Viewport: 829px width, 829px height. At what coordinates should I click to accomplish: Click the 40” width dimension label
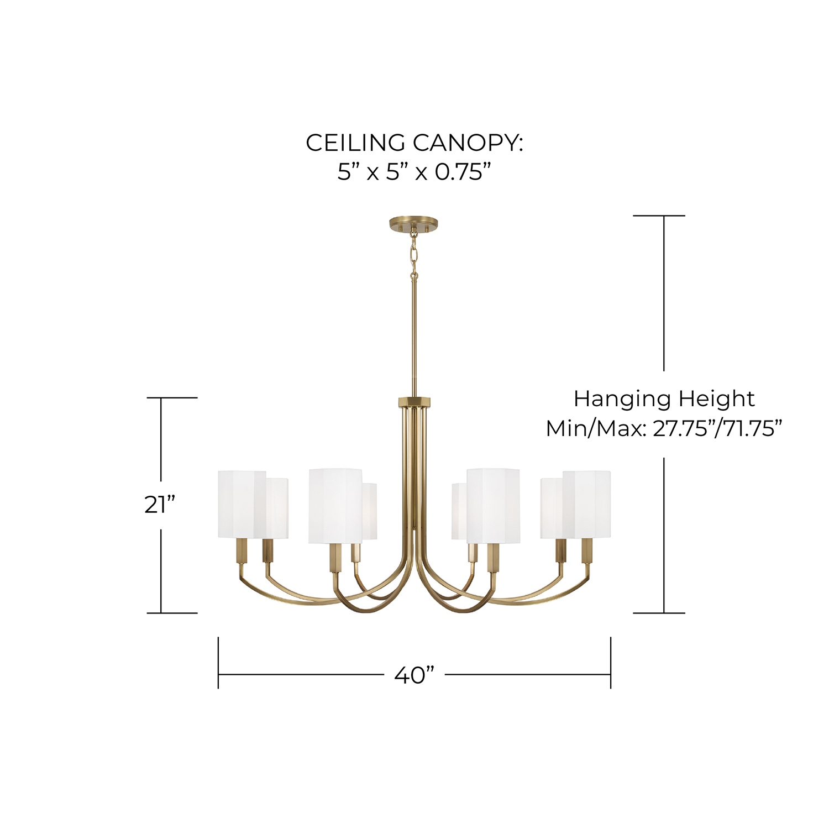414,675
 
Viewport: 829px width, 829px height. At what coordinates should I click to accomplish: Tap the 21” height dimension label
160,504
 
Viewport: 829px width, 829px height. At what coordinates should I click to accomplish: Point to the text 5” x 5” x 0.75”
414,172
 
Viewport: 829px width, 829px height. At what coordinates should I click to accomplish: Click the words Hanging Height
664,399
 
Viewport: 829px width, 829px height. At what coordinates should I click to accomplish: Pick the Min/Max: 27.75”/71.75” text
664,428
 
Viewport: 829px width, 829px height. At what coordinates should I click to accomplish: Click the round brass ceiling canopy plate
413,224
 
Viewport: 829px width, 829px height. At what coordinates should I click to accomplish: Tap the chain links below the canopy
413,255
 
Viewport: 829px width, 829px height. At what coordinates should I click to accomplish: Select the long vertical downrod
413,338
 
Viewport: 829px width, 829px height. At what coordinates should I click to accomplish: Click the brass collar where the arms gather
414,402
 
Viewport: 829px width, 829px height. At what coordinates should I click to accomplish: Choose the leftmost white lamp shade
242,504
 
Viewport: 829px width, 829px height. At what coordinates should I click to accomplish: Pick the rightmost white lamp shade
587,504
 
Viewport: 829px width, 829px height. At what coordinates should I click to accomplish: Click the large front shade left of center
335,506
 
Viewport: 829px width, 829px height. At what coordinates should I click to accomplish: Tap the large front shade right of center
493,506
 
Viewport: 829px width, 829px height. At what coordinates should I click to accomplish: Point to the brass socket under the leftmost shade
242,552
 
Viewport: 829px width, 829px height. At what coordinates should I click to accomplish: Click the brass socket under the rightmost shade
587,552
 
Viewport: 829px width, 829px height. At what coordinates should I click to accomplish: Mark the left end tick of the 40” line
218,663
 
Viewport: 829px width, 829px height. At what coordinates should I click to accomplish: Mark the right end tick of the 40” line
611,663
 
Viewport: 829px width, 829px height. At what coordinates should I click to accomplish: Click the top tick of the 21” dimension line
172,397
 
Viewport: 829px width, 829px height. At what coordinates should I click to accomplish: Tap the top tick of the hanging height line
659,216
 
